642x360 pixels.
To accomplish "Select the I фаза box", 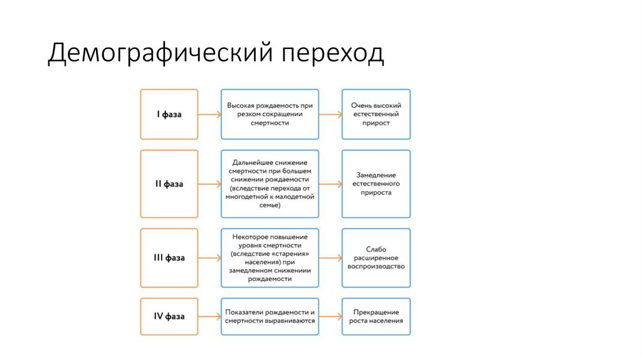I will [169, 114].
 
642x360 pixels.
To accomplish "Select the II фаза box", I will [169, 184].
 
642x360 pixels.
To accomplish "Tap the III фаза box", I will [169, 258].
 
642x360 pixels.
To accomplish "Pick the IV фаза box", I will [169, 316].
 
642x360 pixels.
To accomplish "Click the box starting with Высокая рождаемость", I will [270, 114].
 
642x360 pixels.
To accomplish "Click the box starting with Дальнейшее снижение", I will [270, 184].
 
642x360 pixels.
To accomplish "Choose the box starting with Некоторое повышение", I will [270, 258].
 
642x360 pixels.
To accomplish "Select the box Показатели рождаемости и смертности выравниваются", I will [270, 316].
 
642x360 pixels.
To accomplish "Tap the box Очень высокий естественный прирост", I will [376, 114].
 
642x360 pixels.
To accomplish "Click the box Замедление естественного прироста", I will [376, 184].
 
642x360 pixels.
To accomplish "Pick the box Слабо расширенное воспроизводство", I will [376, 258].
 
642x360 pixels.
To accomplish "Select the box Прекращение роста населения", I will [376, 316].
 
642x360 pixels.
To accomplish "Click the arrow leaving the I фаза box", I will [209, 114].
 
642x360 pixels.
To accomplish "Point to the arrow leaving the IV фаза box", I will [209, 316].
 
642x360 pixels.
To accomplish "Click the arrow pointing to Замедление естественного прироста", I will [330, 184].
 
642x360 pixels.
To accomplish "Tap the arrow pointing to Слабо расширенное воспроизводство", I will [330, 258].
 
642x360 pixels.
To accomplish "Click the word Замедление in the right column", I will [376, 175].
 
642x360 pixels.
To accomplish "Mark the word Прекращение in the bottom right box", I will [376, 312].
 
